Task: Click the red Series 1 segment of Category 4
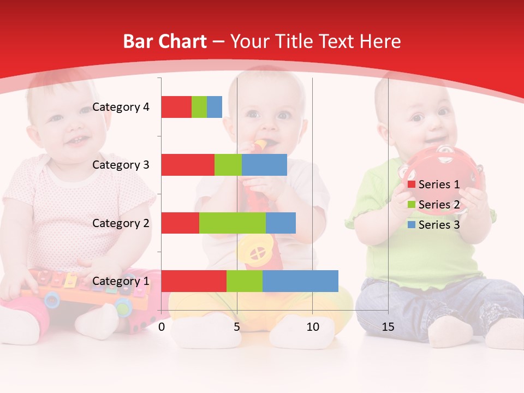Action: [176, 107]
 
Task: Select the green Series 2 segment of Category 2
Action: [232, 223]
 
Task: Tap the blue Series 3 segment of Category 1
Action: [300, 281]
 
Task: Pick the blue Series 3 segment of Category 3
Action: [264, 165]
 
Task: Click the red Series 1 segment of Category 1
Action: [193, 281]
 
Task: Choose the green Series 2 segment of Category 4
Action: [199, 107]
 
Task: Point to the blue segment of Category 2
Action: [281, 223]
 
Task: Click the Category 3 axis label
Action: [120, 165]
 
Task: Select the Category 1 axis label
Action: [120, 281]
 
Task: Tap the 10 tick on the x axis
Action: [312, 327]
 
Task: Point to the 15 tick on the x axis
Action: [388, 327]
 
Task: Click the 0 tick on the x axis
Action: [162, 327]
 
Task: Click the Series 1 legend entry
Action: [438, 184]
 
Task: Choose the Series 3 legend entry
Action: [438, 225]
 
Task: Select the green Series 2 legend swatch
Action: [412, 205]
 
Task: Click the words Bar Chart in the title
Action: [165, 41]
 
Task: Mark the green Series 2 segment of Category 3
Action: [228, 165]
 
